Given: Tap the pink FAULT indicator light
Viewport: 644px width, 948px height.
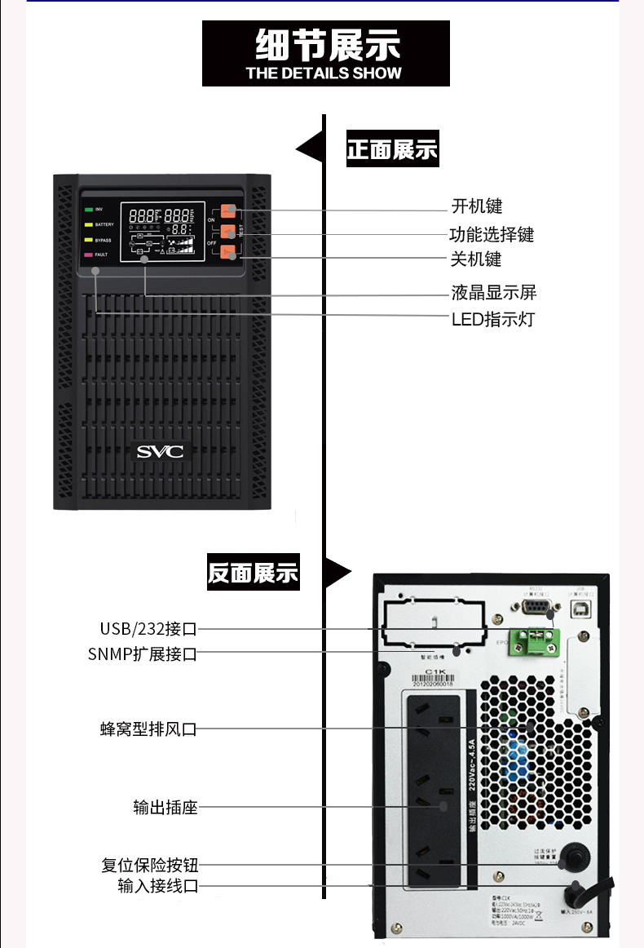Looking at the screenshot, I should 88,255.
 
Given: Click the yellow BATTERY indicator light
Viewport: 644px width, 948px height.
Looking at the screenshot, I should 88,224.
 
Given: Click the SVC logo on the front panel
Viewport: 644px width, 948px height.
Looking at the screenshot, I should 160,451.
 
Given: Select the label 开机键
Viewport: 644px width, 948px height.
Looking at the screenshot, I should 477,206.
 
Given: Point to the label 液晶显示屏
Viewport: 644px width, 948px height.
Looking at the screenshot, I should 494,292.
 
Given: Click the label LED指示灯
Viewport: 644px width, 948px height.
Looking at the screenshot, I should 492,318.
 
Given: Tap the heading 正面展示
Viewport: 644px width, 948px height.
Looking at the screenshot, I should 392,150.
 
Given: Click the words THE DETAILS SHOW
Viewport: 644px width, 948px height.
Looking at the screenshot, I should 324,73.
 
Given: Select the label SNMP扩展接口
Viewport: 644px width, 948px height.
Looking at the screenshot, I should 143,653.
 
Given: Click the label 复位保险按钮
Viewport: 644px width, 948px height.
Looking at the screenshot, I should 150,865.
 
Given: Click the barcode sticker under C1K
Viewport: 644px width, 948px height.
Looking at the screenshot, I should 432,682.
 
